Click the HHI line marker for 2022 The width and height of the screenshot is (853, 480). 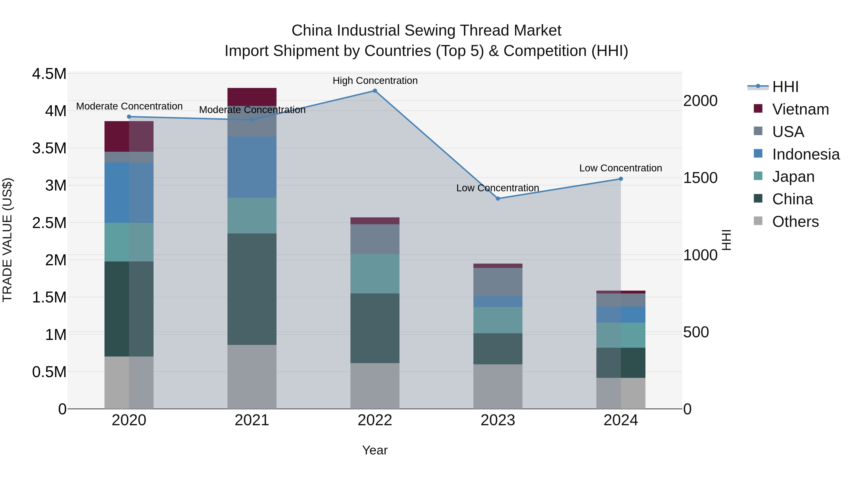(x=375, y=91)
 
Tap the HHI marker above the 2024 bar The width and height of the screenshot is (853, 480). (x=621, y=179)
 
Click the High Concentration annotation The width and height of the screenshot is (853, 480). (x=375, y=81)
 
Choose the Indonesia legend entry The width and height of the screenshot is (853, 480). (x=805, y=154)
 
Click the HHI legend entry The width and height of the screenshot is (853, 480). (x=785, y=87)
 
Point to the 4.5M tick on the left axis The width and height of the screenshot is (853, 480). (x=49, y=74)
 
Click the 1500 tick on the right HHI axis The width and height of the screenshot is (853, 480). (x=700, y=178)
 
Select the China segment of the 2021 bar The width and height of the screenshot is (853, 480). (x=252, y=289)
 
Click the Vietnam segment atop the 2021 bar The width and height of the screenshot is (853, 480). (x=252, y=97)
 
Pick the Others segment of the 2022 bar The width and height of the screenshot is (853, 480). (x=375, y=386)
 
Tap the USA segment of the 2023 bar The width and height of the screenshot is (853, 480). (x=498, y=282)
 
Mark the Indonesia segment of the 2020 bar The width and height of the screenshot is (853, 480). (x=129, y=192)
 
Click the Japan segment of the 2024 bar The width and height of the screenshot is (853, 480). (x=621, y=335)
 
